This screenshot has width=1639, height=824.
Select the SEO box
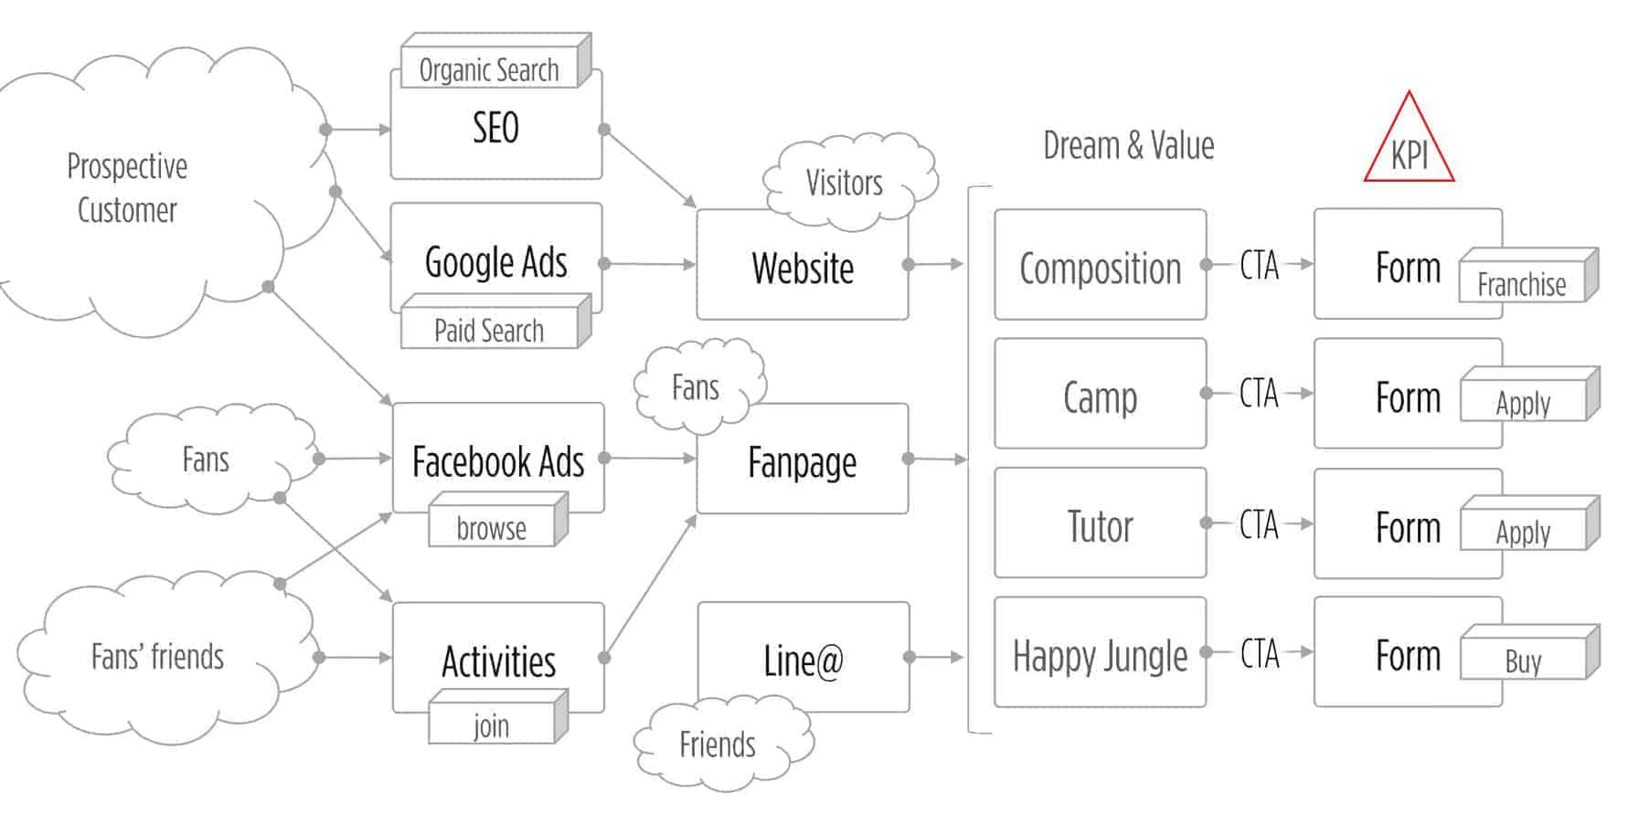click(495, 129)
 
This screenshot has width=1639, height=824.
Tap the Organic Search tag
click(490, 69)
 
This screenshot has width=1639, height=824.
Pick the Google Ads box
click(495, 262)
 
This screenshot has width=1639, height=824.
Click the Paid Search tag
click(490, 330)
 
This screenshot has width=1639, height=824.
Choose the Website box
click(802, 269)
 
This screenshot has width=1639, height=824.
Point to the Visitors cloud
click(845, 183)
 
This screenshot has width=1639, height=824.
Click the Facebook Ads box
click(497, 461)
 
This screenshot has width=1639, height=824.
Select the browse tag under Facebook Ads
click(492, 528)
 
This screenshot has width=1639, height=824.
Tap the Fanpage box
click(802, 462)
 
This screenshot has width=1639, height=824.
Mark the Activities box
click(498, 660)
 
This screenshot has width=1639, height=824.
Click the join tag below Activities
click(492, 725)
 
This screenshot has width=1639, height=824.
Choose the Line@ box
click(803, 660)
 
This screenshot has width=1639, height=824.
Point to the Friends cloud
click(718, 745)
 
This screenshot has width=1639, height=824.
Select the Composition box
click(1100, 269)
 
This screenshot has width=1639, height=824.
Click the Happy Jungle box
click(1100, 655)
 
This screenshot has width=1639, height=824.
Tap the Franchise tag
click(1522, 284)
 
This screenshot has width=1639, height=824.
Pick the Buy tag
click(1523, 660)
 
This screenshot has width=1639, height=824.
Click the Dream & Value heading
click(1128, 145)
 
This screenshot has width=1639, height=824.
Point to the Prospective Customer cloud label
click(127, 188)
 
